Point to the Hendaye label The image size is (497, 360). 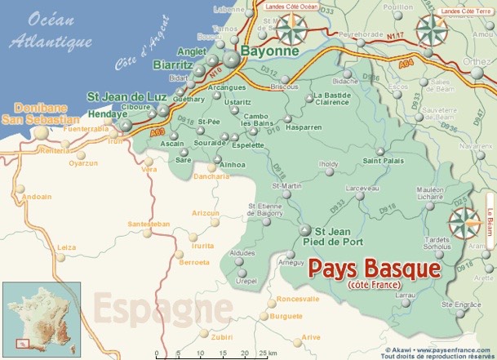108,115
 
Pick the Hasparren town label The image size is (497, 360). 304,127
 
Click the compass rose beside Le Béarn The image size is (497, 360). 465,221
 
